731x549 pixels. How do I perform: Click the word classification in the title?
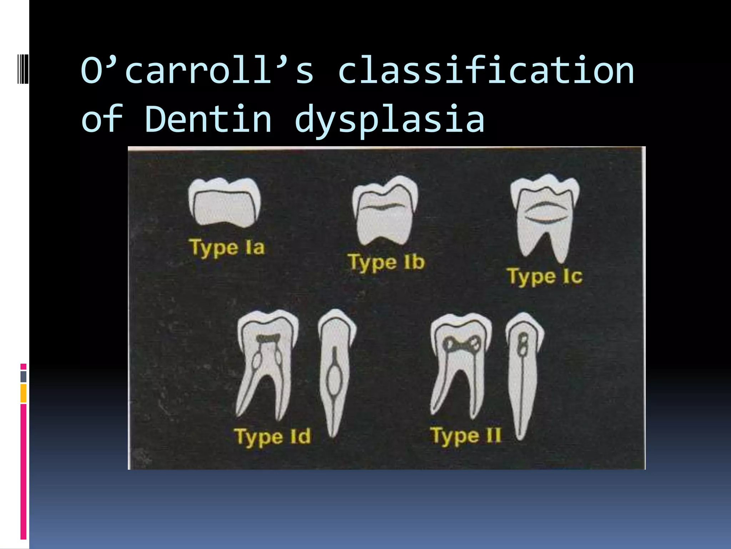pyautogui.click(x=486, y=70)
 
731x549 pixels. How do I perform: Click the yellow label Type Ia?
pyautogui.click(x=227, y=248)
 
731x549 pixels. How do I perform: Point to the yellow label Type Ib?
pyautogui.click(x=386, y=262)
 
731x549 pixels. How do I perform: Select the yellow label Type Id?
pyautogui.click(x=272, y=437)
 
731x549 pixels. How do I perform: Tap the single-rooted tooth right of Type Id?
pyautogui.click(x=335, y=372)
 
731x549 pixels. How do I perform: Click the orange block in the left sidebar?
pyautogui.click(x=23, y=393)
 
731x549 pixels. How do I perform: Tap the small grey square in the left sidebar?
pyautogui.click(x=23, y=376)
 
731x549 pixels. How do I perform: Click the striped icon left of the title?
pyautogui.click(x=23, y=68)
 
